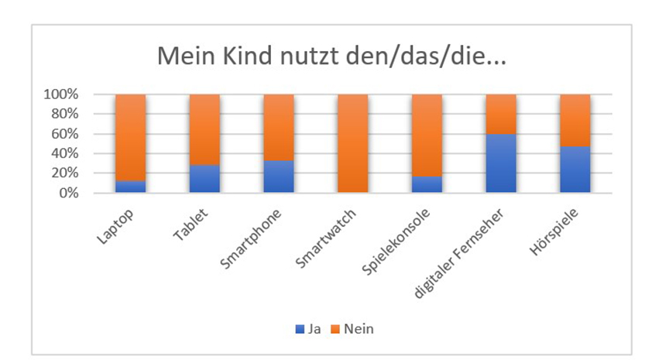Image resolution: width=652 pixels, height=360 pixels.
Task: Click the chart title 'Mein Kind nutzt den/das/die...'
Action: tap(331, 57)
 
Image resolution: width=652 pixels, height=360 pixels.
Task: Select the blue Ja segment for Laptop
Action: tap(131, 187)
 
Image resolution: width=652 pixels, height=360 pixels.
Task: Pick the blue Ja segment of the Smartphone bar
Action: tap(279, 177)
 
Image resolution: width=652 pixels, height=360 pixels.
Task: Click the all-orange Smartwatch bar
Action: tap(352, 143)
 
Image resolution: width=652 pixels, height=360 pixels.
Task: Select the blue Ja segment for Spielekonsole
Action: tap(426, 184)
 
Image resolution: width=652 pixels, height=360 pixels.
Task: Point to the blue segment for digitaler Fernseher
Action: tap(500, 163)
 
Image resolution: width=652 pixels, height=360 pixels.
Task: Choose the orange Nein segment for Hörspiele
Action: tap(575, 120)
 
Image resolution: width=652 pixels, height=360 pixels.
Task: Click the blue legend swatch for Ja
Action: tap(300, 329)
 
